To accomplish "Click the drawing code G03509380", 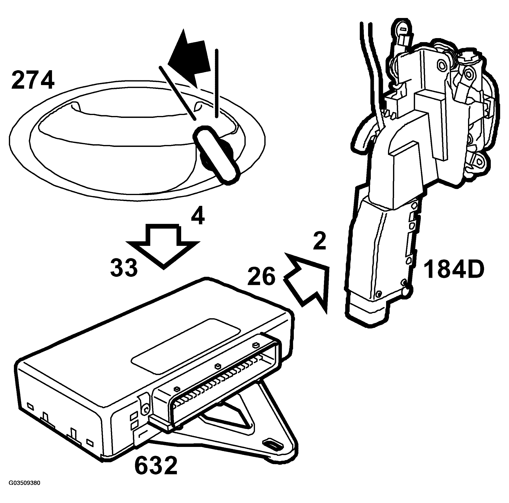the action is pos(24,490).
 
